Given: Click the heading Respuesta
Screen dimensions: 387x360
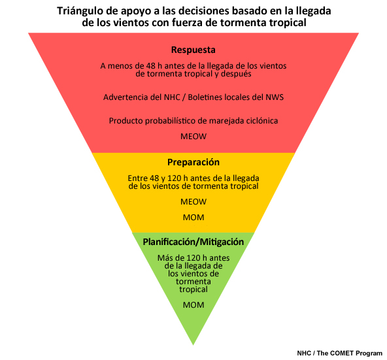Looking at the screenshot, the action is click(193, 50).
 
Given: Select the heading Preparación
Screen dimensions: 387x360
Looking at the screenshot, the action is click(193, 162).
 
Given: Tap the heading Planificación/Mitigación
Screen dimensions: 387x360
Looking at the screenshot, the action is click(193, 242).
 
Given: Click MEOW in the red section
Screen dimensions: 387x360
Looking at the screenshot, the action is click(193, 137).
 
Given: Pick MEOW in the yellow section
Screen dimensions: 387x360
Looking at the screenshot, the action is click(193, 202).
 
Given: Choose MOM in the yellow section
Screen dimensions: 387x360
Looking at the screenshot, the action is click(193, 218).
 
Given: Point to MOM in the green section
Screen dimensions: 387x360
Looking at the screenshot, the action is click(193, 305).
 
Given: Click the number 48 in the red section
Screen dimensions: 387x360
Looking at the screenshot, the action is click(150, 66).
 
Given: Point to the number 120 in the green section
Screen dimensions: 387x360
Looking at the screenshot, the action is click(193, 258).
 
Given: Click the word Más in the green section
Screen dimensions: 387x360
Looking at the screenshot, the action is click(165, 258).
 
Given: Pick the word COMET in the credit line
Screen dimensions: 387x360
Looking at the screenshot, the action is click(341, 353).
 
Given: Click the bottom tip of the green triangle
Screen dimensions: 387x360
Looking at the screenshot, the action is click(193, 345).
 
